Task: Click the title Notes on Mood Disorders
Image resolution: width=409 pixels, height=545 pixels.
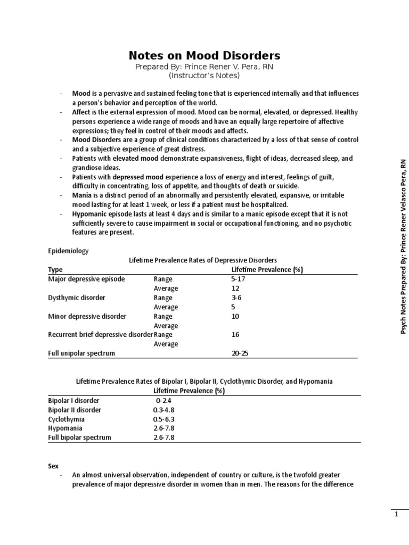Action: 204,55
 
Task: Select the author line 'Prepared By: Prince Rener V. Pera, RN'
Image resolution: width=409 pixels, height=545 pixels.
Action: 204,67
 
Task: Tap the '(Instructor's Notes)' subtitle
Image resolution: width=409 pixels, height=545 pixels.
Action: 204,76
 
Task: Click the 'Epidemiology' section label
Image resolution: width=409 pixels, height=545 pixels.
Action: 69,250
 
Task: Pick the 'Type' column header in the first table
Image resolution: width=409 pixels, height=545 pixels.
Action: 55,269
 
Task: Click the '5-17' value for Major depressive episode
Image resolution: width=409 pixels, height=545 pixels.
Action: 239,278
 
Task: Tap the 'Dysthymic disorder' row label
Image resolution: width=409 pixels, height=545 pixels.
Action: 77,298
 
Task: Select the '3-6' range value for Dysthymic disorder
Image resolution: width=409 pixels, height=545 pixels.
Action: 236,298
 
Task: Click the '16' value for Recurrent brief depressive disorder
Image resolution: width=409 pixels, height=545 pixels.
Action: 235,335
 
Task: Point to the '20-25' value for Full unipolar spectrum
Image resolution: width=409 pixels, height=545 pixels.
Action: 239,353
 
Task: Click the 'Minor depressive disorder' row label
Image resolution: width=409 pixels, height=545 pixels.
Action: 87,316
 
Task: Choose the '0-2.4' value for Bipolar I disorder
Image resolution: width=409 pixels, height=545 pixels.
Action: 163,400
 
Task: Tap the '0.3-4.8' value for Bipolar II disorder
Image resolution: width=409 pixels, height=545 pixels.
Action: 163,410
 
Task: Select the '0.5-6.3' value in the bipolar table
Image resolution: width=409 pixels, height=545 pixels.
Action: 163,419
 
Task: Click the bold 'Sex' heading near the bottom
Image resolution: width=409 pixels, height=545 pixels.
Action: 53,466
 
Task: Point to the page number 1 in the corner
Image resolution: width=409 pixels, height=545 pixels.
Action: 396,514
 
